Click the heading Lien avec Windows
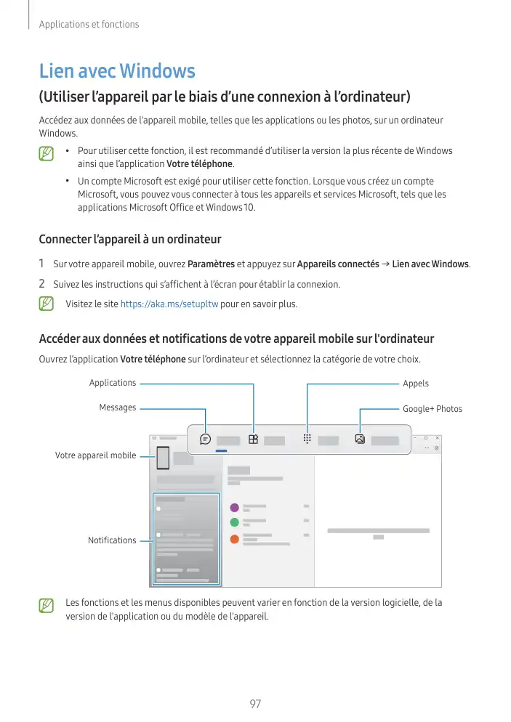tap(117, 71)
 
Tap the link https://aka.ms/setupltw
tap(169, 304)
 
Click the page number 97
tap(255, 704)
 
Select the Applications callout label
tap(113, 383)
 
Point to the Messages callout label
tap(118, 407)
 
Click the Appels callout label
tap(416, 384)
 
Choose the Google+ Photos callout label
tap(432, 409)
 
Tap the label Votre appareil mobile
tap(95, 455)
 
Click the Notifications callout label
tap(112, 540)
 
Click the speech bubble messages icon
tap(206, 439)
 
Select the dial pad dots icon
tap(307, 439)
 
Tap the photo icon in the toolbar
tap(360, 439)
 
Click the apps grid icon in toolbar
tap(253, 439)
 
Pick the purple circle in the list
tap(234, 507)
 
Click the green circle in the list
tap(234, 522)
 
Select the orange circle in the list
tap(234, 539)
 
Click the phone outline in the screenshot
tap(163, 458)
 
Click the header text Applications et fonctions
tap(89, 25)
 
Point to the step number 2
tap(42, 283)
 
